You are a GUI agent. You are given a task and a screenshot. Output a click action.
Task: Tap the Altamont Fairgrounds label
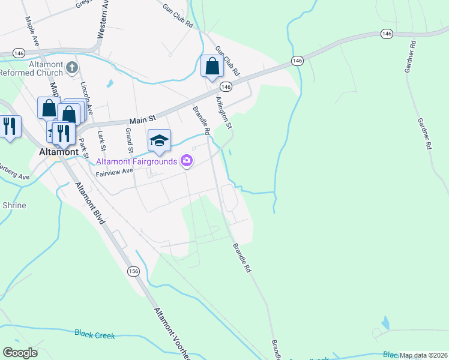pyautogui.click(x=137, y=161)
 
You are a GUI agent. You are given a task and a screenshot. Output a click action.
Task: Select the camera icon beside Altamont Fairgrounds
pyautogui.click(x=187, y=160)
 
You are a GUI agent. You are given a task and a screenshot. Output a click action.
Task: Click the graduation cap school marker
pyautogui.click(x=159, y=141)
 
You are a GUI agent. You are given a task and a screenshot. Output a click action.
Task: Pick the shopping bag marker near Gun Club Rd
pyautogui.click(x=212, y=67)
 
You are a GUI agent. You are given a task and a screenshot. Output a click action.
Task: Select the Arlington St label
pyautogui.click(x=223, y=113)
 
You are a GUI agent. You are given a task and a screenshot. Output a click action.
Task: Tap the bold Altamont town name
pyautogui.click(x=58, y=152)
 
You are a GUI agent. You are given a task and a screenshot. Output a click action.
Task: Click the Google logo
pyautogui.click(x=20, y=353)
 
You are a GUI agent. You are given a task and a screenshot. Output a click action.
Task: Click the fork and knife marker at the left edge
pyautogui.click(x=9, y=127)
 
